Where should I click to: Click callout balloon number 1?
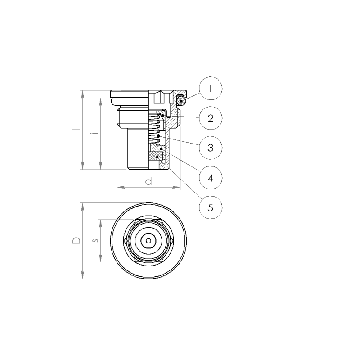tap(211, 88)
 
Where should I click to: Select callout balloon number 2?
tap(211, 118)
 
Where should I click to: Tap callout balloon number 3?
tap(211, 148)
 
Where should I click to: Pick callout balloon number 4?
tap(211, 178)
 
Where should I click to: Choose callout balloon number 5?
tap(211, 207)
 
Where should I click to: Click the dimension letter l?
tap(76, 130)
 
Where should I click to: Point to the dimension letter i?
tap(94, 133)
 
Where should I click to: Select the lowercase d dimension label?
tap(149, 181)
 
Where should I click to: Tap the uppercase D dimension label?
tap(76, 240)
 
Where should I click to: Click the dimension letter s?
tap(95, 241)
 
